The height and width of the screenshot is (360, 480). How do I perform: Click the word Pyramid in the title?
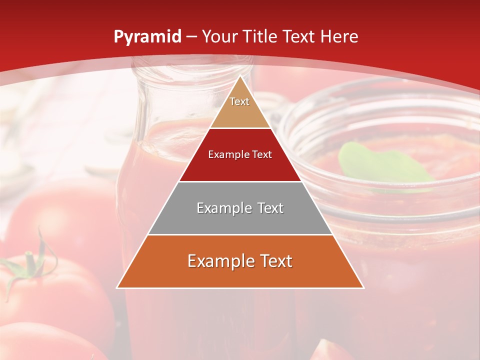(147, 37)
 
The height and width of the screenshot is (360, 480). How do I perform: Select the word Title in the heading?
(263, 36)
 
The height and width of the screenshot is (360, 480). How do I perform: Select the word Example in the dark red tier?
(227, 154)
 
